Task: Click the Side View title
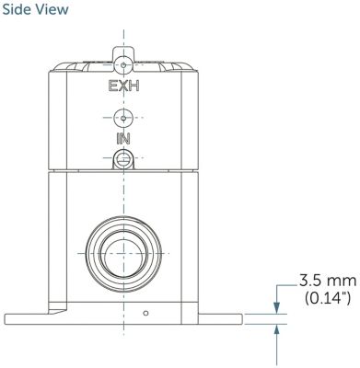pos(35,9)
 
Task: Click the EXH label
pos(123,86)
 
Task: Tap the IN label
pos(123,139)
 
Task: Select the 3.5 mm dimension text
pos(328,281)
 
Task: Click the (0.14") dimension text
pos(328,298)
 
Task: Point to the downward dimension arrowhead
pos(277,308)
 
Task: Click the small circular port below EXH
pos(123,118)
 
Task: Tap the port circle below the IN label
pos(123,157)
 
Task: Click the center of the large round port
pos(123,253)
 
